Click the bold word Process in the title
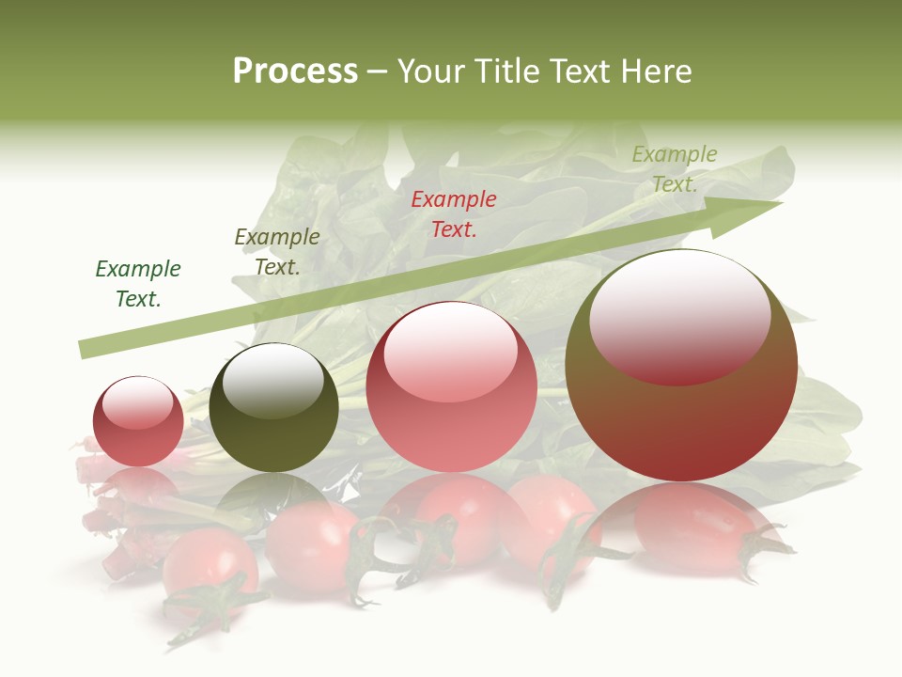pos(295,71)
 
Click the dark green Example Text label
pos(138,284)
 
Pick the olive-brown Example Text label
pos(277,252)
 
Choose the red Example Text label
pos(454,213)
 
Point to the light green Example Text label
pos(675,169)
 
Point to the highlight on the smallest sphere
pos(137,401)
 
